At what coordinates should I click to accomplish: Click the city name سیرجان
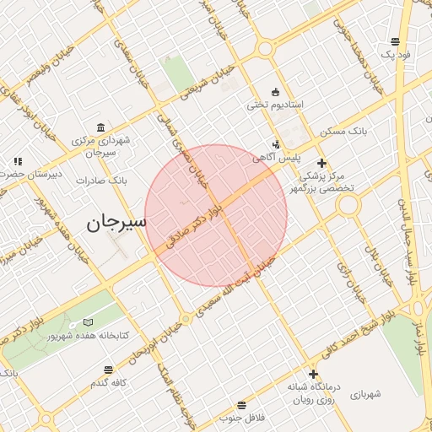[116, 222]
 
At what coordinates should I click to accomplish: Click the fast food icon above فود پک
[396, 41]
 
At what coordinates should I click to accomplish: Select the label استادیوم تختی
[274, 105]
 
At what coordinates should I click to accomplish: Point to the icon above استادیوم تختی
[275, 92]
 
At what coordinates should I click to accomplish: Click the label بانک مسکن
[344, 132]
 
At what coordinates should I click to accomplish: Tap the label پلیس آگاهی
[274, 157]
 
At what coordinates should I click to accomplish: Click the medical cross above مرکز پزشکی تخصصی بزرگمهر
[321, 163]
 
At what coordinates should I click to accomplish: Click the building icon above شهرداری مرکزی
[101, 128]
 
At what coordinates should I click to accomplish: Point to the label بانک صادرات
[100, 180]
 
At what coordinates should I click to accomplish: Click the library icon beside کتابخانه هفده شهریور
[89, 323]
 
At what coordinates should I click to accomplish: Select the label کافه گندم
[109, 383]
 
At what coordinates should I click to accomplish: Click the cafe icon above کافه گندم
[108, 370]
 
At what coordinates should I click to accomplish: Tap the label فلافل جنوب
[242, 418]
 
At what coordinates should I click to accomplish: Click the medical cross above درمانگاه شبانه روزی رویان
[313, 375]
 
